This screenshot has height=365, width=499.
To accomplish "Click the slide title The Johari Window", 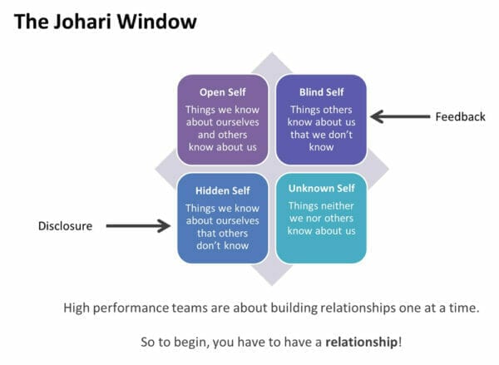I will click(104, 20).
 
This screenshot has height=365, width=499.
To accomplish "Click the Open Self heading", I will click(222, 91).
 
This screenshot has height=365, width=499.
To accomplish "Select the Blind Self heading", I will click(319, 91).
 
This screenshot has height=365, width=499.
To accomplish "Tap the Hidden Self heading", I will click(222, 190).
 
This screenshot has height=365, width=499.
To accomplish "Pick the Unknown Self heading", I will click(321, 189).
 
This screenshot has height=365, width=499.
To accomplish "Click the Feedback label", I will click(460, 116).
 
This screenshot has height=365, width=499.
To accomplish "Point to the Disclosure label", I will click(66, 225).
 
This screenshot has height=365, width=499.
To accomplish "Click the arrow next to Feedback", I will click(398, 116).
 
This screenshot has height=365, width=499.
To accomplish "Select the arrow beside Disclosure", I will click(137, 225).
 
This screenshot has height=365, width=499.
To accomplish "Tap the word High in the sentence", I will click(77, 308).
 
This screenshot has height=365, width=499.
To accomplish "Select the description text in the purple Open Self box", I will click(222, 128).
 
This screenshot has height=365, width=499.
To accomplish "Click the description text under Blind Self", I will click(321, 128).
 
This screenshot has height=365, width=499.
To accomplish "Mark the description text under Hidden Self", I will click(222, 227).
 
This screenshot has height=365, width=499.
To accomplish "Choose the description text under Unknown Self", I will click(321, 219).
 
